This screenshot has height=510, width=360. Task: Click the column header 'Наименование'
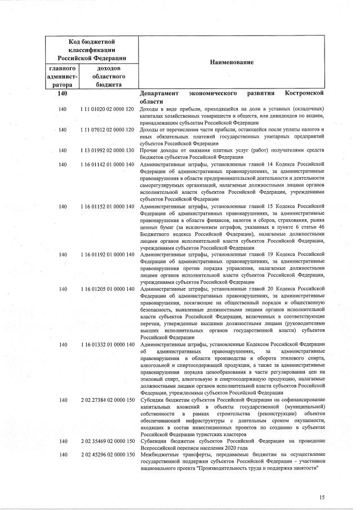pos(232,62)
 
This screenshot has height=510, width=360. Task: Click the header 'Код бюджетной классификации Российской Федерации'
pos(92,50)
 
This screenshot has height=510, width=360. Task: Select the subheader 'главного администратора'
pos(63,76)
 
